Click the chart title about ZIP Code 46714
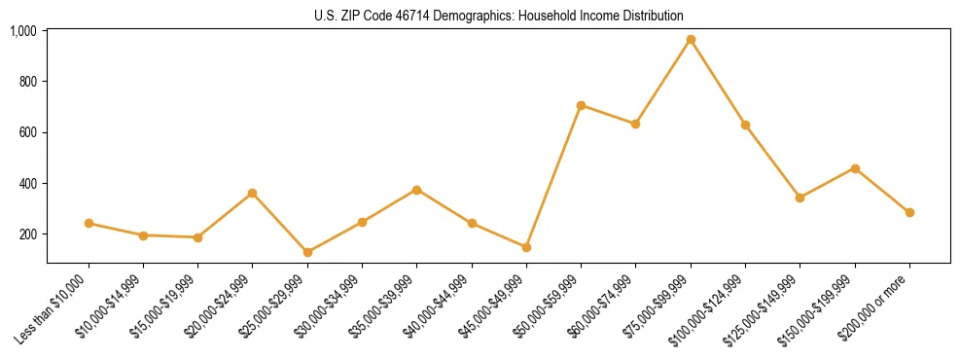pos(499,16)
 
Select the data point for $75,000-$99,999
pos(691,40)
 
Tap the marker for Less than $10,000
pos(89,223)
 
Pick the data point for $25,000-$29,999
pos(307,252)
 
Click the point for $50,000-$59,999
pos(581,105)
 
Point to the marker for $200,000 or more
pos(909,212)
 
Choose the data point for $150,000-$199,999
pos(855,168)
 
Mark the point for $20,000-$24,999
pos(253,193)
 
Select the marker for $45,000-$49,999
pos(526,247)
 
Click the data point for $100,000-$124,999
pos(745,125)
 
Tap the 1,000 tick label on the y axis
pos(23,31)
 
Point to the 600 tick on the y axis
pos(29,132)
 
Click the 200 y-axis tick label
pos(29,234)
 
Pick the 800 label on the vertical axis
pos(29,82)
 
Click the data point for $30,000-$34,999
pos(362,222)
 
